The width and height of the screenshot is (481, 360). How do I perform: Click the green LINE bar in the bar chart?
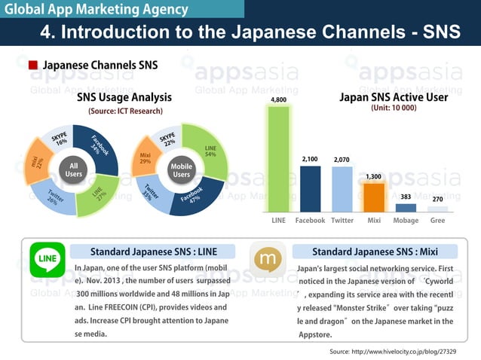(278, 159)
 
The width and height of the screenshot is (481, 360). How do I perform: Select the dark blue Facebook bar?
(310, 189)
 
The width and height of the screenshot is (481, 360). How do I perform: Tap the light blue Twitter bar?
(342, 189)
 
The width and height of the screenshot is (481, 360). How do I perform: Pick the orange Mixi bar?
(373, 198)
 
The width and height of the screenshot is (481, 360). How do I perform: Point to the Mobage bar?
(406, 208)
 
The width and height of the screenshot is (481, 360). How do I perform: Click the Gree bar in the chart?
(437, 209)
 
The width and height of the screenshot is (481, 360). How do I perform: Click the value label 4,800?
(278, 99)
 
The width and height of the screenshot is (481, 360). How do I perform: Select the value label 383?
(406, 197)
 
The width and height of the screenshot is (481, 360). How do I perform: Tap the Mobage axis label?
(406, 221)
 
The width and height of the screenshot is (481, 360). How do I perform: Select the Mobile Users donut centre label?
(181, 169)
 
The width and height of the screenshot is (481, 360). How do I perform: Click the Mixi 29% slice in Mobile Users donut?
(146, 159)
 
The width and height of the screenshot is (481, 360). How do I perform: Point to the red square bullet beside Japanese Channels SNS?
(32, 66)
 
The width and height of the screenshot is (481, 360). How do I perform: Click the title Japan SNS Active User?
(394, 97)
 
